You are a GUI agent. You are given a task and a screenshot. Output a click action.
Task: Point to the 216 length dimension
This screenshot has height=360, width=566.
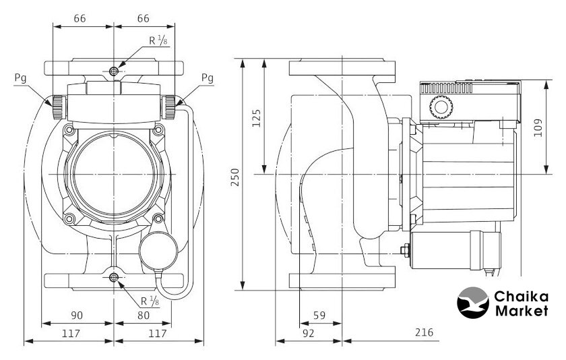(425, 332)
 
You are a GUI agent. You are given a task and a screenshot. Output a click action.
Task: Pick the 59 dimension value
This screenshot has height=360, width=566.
(319, 315)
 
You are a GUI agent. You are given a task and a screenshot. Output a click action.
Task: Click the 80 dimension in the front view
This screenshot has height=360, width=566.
(144, 315)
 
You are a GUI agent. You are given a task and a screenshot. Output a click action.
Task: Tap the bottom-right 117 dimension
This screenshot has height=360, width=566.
(157, 332)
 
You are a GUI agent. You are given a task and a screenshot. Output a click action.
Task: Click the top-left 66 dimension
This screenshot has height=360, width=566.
(80, 18)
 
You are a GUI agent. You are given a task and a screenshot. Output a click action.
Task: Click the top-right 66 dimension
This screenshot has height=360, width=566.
(143, 18)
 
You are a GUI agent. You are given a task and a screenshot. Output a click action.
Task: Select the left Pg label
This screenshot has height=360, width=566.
(22, 78)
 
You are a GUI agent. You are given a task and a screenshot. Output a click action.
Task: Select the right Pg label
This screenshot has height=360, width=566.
(208, 78)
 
